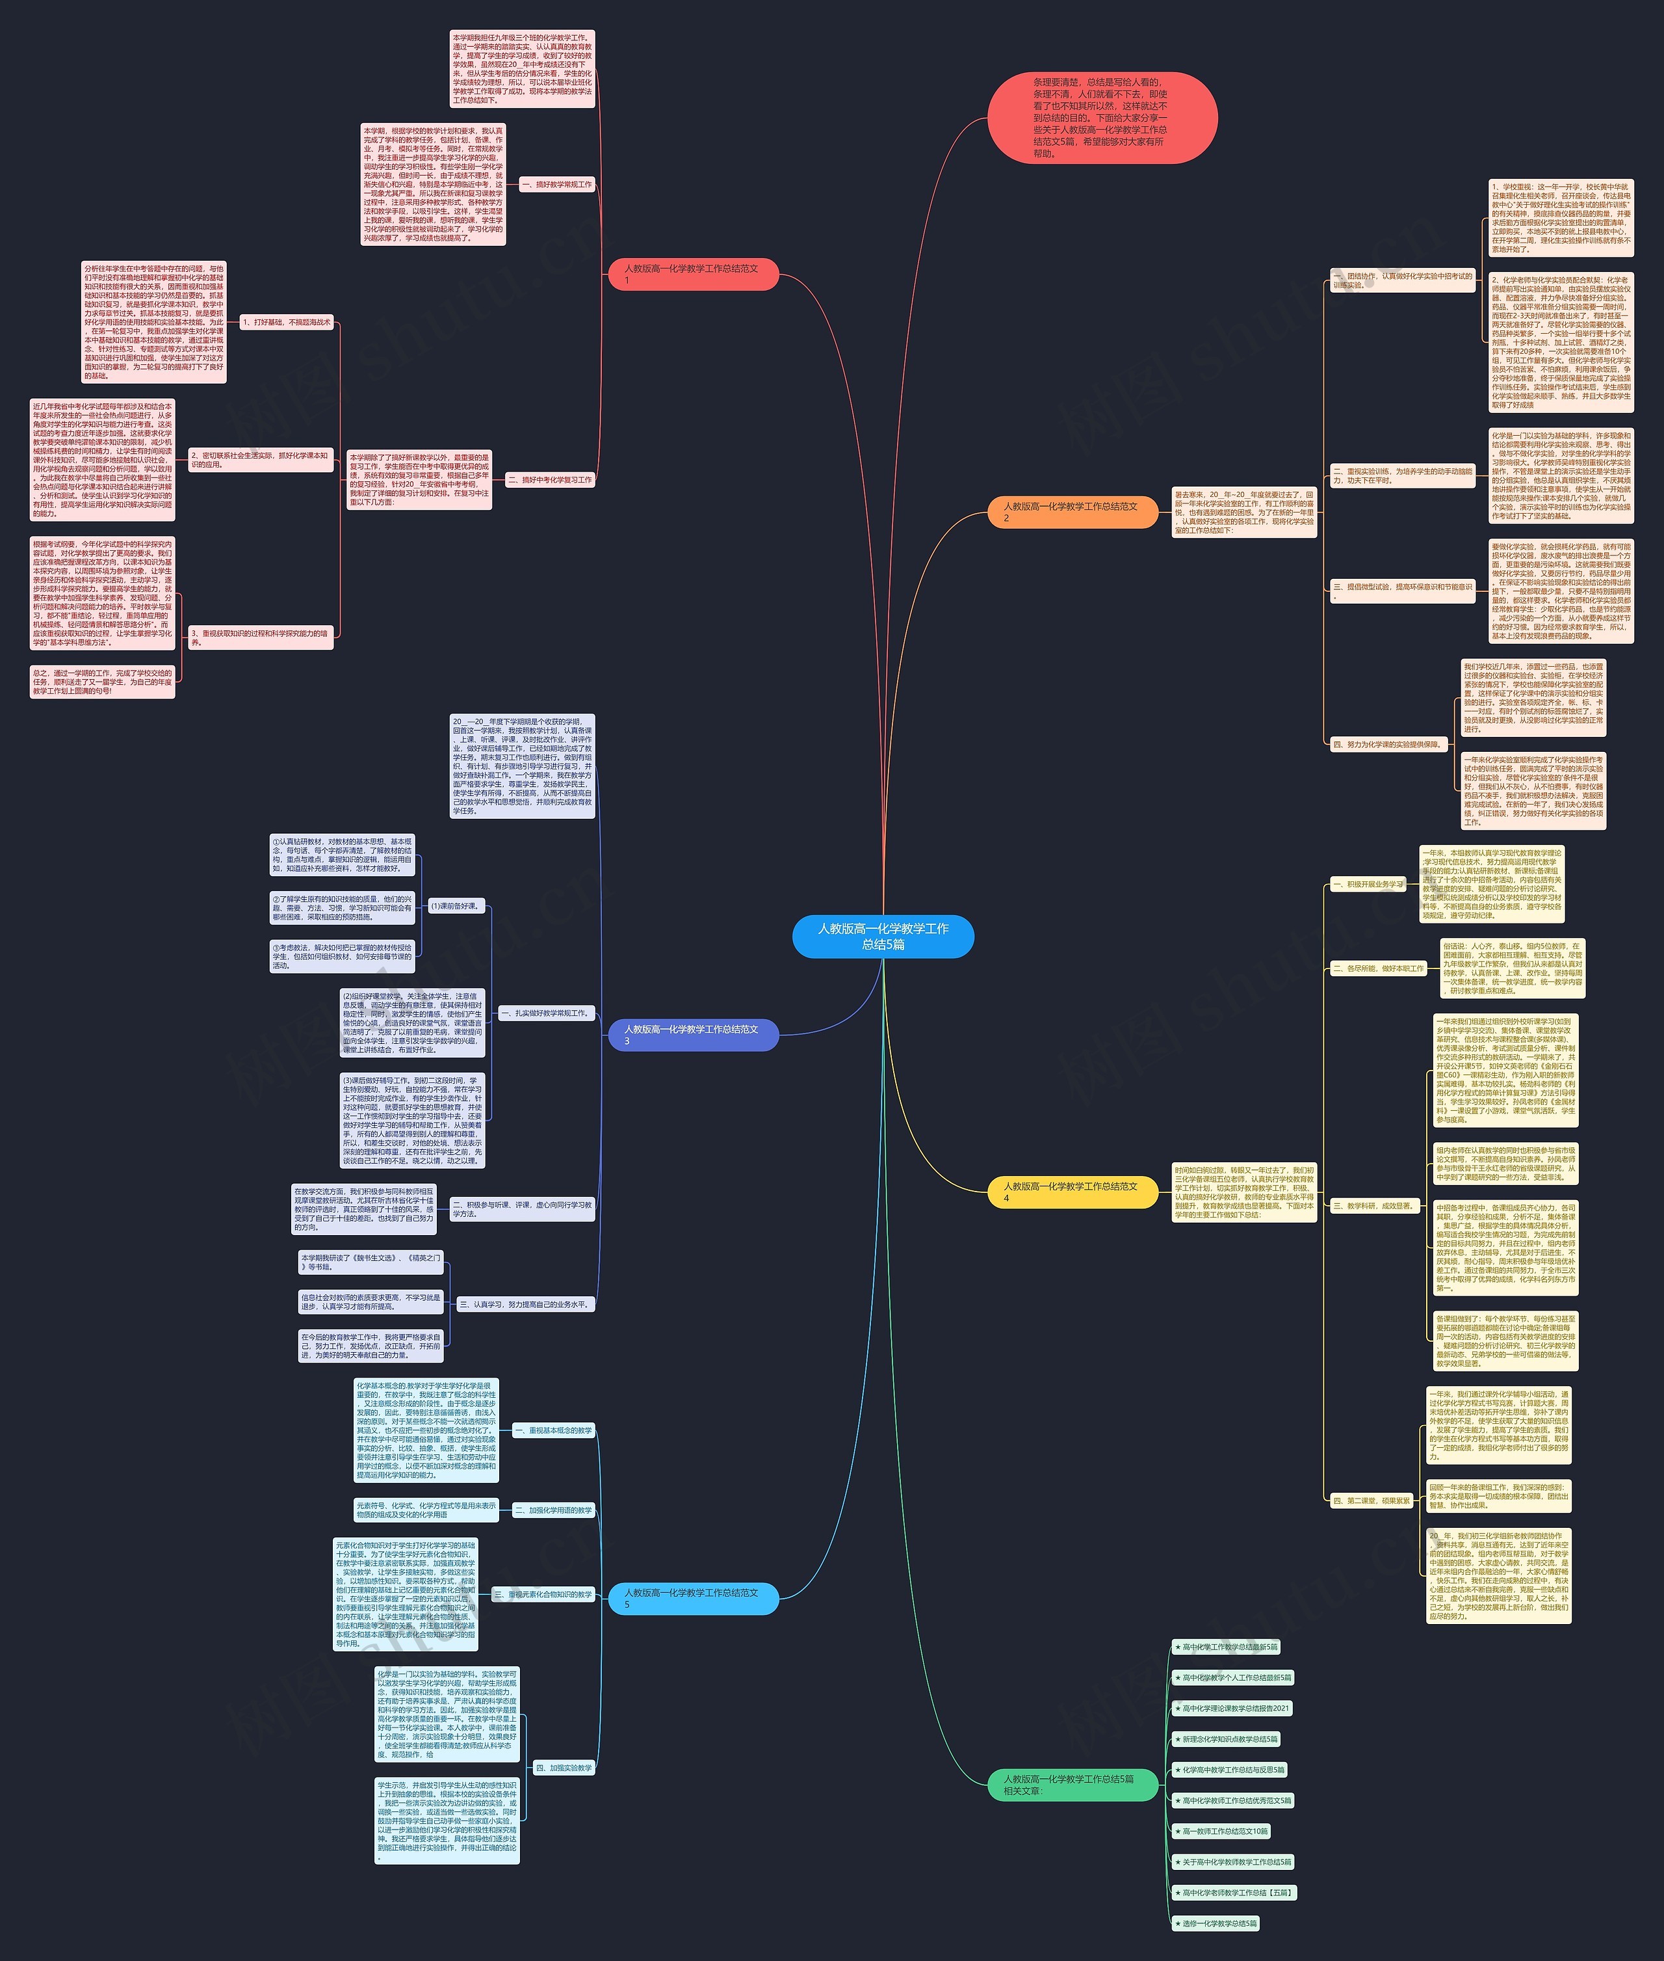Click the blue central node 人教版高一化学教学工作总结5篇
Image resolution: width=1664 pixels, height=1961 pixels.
pos(883,936)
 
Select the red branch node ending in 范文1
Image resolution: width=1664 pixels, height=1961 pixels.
pos(694,274)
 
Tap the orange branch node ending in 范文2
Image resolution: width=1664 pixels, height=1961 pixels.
pos(1072,511)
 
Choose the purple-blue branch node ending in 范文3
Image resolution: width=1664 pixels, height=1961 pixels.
pos(694,1034)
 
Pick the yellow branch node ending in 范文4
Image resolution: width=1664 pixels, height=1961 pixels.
pos(1072,1192)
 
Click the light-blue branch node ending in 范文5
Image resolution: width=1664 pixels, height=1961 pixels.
pos(694,1597)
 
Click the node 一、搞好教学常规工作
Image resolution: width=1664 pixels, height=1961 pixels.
pos(556,185)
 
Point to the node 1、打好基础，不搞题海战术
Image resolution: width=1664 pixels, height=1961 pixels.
pos(287,323)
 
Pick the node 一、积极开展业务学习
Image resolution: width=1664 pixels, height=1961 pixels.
pos(1368,885)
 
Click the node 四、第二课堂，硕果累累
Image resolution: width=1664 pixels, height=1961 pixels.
pos(1371,1501)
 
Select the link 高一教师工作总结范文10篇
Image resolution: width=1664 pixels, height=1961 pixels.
pos(1221,1831)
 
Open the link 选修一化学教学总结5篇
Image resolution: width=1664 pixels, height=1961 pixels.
pos(1216,1923)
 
